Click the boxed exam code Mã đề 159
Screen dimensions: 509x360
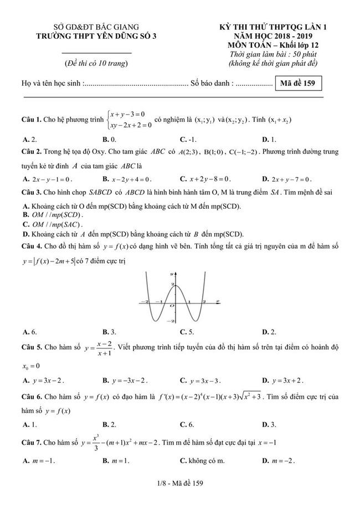(x=298, y=84)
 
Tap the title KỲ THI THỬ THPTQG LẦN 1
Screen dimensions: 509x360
(x=270, y=27)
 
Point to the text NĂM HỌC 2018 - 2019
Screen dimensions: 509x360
(x=270, y=36)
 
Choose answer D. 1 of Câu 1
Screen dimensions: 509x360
(x=269, y=140)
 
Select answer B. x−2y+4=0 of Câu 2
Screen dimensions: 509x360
(x=127, y=179)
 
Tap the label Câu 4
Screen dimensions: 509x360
(x=32, y=245)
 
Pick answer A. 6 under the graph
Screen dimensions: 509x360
(x=30, y=332)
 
